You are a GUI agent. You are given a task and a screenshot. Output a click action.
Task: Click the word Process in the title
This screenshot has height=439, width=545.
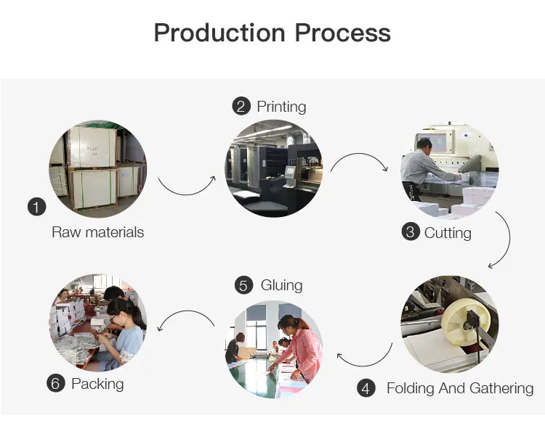point(342,33)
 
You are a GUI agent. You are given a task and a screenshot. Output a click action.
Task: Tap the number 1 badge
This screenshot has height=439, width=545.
point(36,207)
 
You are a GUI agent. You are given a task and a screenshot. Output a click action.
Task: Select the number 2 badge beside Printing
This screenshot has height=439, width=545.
point(241,107)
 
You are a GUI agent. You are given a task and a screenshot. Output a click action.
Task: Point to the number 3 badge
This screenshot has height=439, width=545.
point(411,232)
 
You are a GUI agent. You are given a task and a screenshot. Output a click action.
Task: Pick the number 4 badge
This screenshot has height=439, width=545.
point(366,388)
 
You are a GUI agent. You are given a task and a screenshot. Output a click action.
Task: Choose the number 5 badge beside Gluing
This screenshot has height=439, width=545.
point(244,285)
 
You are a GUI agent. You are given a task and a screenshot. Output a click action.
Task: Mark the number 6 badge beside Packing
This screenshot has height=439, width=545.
point(56,383)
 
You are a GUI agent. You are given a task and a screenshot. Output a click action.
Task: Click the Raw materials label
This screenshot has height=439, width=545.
point(98,232)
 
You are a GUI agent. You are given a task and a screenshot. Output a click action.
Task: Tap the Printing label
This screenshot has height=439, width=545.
point(281,107)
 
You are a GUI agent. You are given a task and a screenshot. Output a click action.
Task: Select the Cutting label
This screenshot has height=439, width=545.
point(448,233)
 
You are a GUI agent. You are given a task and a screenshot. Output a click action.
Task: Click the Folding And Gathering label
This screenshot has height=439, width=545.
point(460,388)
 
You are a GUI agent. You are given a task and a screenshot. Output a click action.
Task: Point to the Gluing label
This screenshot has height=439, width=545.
point(281,285)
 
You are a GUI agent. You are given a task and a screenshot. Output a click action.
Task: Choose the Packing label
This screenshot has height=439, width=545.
point(97,383)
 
